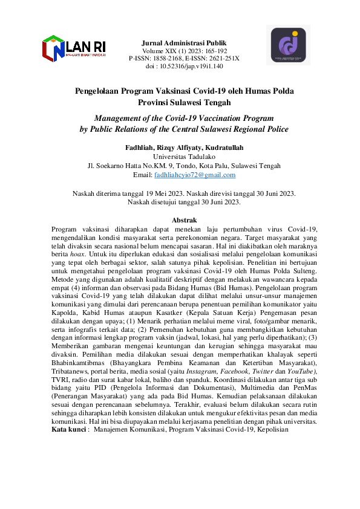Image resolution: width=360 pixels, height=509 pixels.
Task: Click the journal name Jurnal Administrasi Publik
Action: [184, 44]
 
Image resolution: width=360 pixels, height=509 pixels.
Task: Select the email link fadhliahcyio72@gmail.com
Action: [195, 175]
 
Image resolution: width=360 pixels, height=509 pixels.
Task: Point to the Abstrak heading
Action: [184, 221]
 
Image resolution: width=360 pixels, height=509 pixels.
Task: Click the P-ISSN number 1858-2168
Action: [165, 59]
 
